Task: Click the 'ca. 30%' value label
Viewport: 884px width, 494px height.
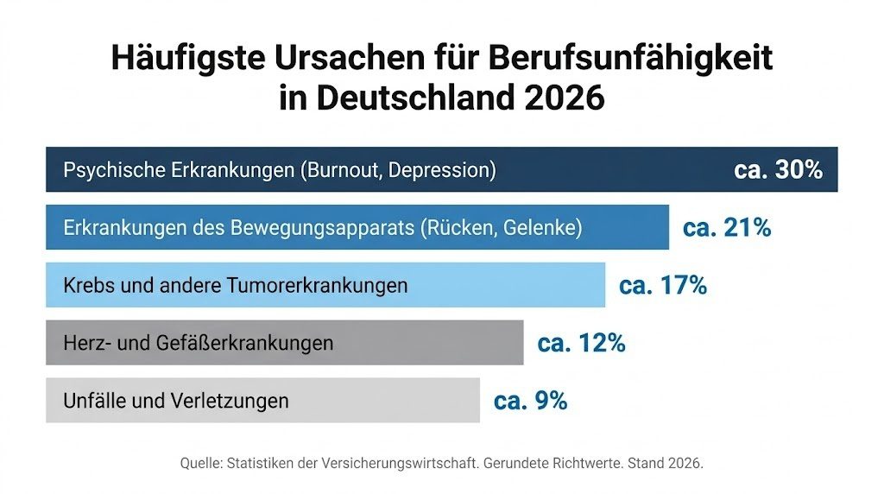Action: (x=778, y=169)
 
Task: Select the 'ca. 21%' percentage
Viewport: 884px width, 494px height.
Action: (x=726, y=228)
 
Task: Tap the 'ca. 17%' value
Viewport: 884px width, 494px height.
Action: (x=662, y=286)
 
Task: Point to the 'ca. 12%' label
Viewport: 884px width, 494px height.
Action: (x=581, y=343)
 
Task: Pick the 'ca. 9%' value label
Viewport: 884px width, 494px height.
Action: (x=530, y=401)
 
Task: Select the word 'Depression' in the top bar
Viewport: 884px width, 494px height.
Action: (x=441, y=170)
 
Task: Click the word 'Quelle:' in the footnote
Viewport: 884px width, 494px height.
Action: (x=201, y=464)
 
